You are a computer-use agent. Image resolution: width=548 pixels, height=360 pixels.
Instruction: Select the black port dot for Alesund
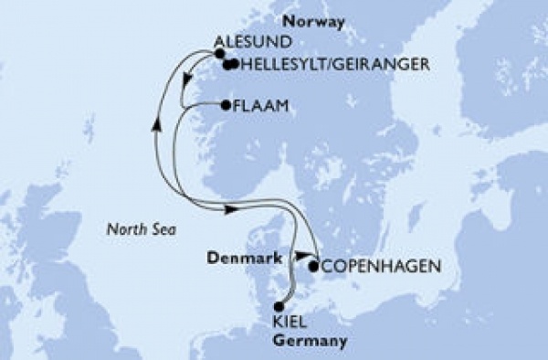point(219,54)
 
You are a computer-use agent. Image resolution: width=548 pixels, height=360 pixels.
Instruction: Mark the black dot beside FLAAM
point(226,106)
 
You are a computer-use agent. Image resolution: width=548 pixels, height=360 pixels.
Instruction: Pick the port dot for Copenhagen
point(315,268)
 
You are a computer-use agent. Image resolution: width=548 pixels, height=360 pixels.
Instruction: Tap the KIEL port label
point(290,322)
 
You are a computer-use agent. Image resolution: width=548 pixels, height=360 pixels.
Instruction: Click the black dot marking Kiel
point(279,308)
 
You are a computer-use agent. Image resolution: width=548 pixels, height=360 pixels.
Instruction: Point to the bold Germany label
point(311,341)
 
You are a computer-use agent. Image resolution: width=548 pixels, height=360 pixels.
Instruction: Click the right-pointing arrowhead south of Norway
point(232,209)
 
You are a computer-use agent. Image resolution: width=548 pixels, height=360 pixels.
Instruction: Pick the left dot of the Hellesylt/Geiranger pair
point(227,64)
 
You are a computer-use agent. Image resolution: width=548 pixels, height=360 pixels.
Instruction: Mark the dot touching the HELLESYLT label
point(234,64)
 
